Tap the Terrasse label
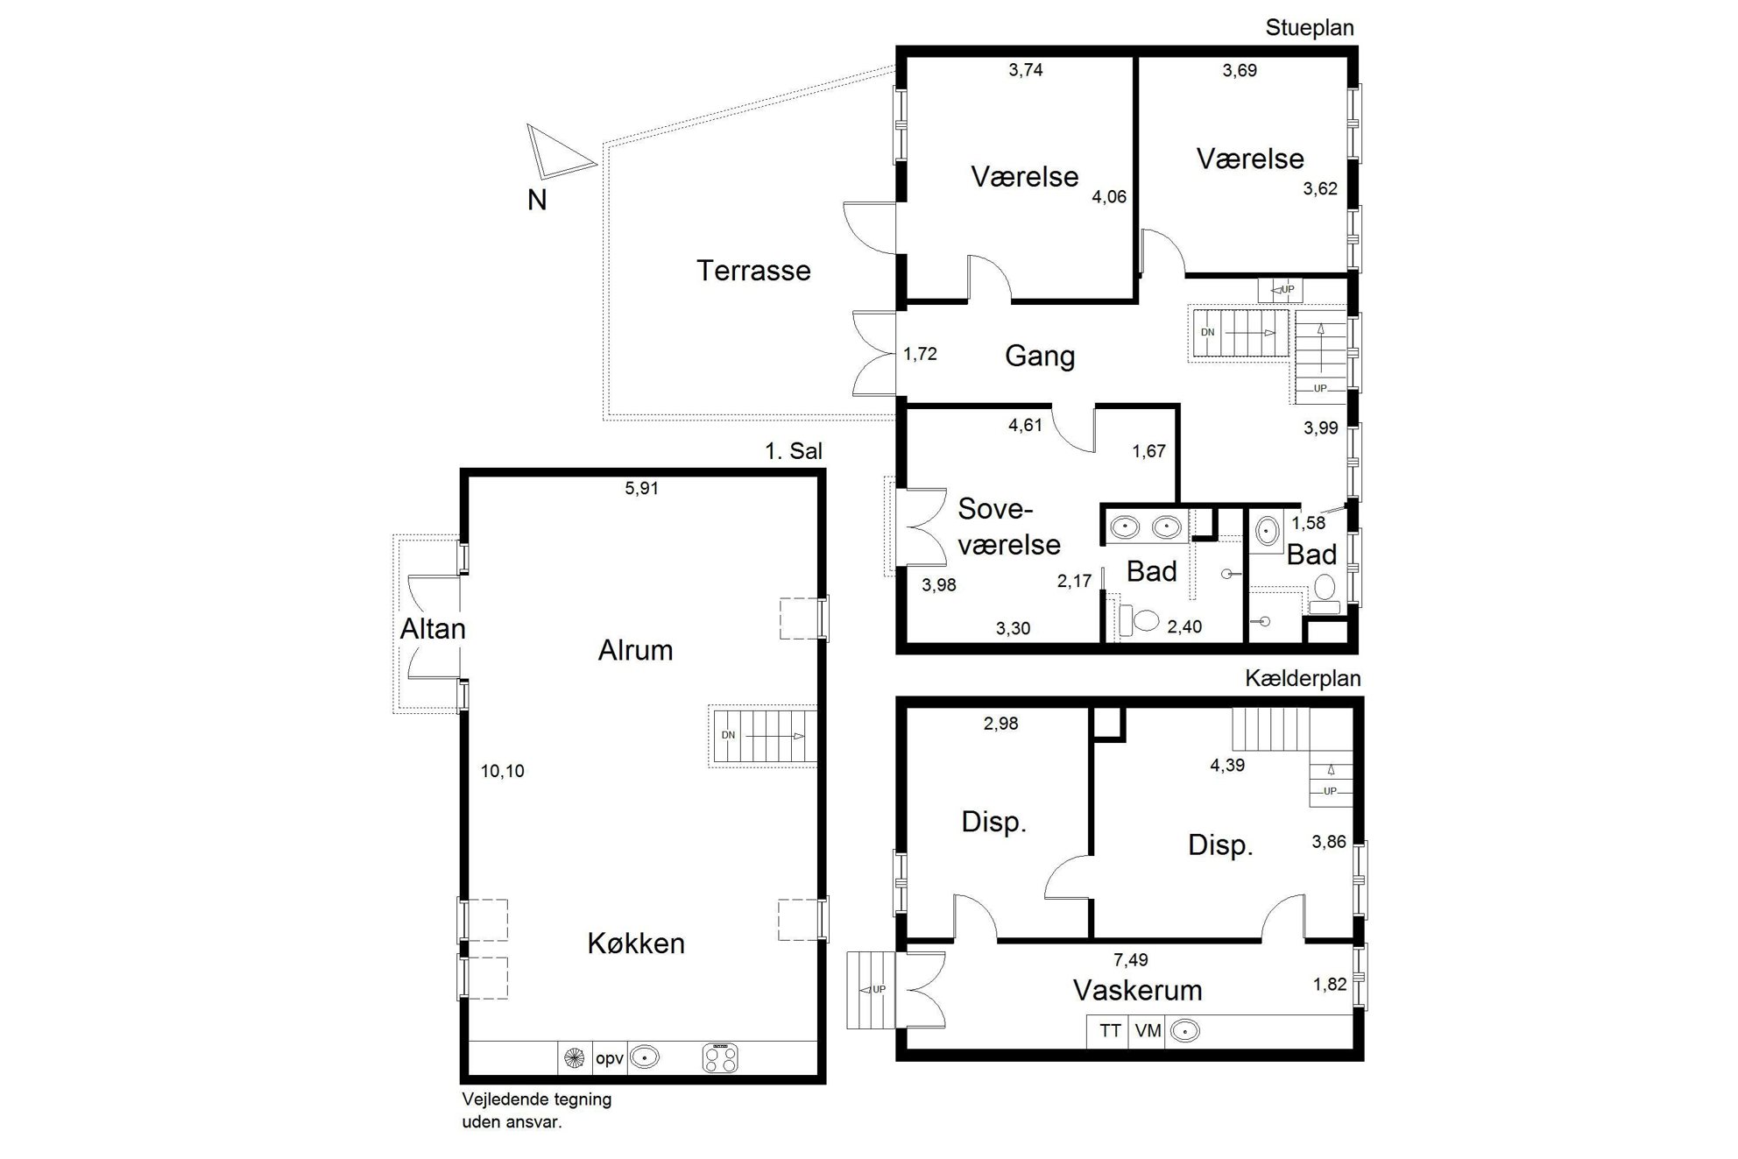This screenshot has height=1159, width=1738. click(753, 270)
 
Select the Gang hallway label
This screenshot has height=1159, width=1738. click(1040, 356)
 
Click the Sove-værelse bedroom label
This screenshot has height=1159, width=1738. click(1009, 526)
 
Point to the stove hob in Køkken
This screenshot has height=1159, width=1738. click(720, 1057)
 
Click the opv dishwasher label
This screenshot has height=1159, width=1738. click(610, 1058)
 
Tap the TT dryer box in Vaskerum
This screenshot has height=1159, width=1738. click(1110, 1031)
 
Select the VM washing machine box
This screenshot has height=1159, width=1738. click(1148, 1031)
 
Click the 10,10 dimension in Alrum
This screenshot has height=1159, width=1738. click(503, 771)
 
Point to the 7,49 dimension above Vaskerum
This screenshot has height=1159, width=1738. click(1130, 960)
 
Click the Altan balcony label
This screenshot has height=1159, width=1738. click(433, 629)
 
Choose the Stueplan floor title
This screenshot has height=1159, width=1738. click(1310, 28)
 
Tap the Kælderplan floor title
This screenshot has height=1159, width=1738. click(1303, 679)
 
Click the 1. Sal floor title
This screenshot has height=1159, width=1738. click(794, 451)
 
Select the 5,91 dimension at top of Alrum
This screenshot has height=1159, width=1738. click(641, 489)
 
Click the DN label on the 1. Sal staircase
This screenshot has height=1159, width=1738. click(728, 735)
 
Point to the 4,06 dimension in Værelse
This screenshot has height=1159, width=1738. click(1109, 197)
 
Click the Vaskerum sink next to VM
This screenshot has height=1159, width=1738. click(1184, 1031)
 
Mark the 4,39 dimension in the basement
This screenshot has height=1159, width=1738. click(1227, 766)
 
